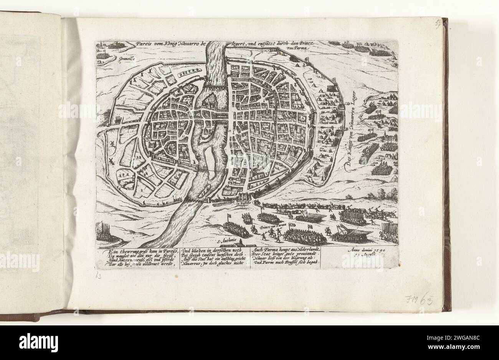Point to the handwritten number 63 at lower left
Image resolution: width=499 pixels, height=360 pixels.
coord(98,276)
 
